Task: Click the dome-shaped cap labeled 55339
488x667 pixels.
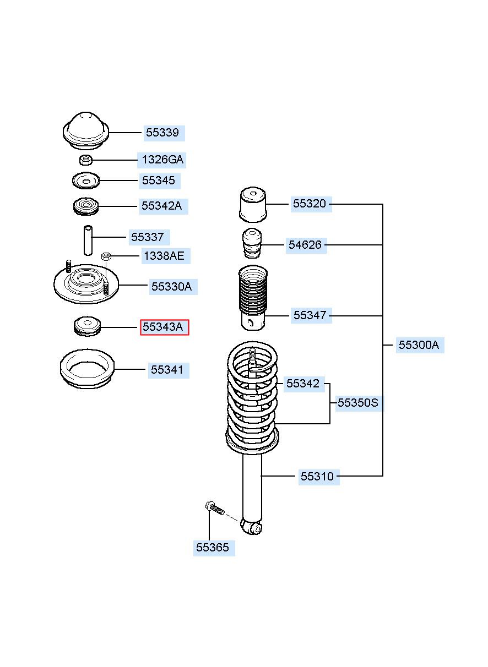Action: click(86, 131)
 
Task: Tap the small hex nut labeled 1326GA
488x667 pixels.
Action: click(86, 160)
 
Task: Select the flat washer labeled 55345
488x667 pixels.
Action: click(86, 181)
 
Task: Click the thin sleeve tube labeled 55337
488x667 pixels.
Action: click(88, 240)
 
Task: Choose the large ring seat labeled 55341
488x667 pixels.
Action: click(87, 369)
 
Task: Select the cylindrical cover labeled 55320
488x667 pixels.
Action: click(253, 205)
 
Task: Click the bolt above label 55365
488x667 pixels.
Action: click(215, 509)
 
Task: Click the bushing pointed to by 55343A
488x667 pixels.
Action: click(87, 326)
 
